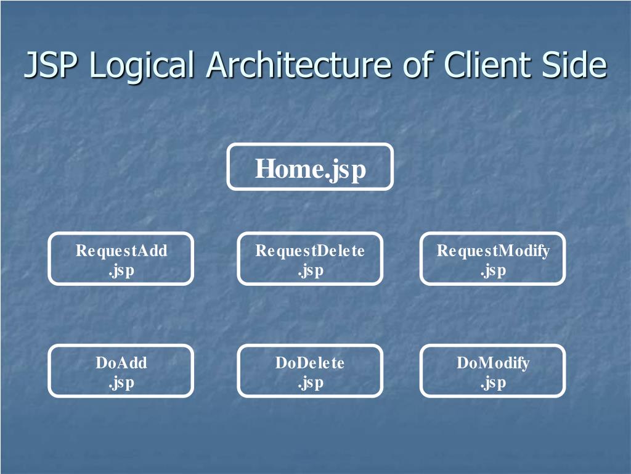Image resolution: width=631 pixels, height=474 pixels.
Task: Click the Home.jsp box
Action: point(310,167)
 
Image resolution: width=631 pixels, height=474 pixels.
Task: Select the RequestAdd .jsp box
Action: point(121,259)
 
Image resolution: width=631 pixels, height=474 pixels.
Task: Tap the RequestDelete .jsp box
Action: point(310,259)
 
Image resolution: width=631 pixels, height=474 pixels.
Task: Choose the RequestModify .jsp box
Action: point(493,259)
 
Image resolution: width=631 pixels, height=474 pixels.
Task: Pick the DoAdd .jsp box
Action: point(121,371)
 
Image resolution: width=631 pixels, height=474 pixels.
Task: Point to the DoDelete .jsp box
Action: point(310,371)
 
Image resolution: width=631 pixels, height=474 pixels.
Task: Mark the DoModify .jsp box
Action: point(493,371)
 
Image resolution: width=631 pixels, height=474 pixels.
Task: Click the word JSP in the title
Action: point(51,65)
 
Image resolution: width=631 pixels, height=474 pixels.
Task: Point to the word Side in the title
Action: point(576,65)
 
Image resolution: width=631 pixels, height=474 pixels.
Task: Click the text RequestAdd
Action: point(121,251)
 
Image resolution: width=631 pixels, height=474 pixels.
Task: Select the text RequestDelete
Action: point(310,251)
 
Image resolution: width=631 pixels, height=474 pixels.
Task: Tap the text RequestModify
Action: point(493,251)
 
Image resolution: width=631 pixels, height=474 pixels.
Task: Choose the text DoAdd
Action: point(121,363)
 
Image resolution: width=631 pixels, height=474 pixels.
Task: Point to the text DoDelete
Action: point(310,363)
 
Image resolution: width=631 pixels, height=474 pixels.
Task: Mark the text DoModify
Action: point(493,363)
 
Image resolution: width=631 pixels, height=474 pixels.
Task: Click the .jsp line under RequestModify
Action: point(493,270)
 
